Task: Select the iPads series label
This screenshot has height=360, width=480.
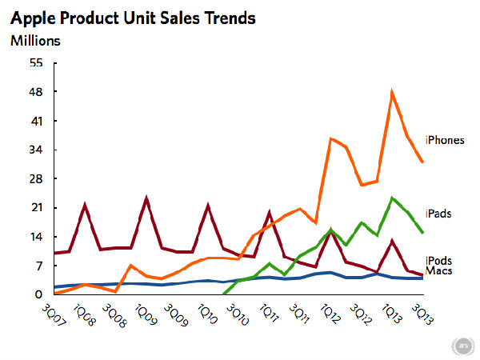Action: [x=438, y=214]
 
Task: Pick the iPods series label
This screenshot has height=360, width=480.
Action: [x=439, y=261]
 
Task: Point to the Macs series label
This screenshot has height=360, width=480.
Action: [x=439, y=273]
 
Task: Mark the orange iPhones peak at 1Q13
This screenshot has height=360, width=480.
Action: [x=392, y=92]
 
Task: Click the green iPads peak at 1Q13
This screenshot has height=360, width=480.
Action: [x=392, y=198]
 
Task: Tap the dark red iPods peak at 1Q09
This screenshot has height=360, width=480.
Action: [x=146, y=198]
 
